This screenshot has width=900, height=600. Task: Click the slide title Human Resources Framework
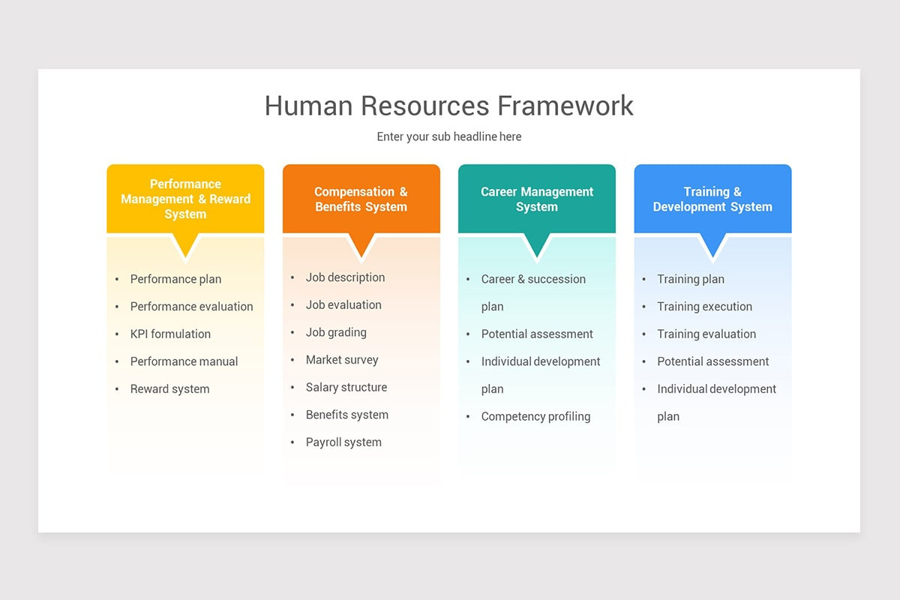point(448,106)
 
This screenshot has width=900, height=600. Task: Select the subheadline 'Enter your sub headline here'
point(448,136)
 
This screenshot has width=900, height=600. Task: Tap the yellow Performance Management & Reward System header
point(185,199)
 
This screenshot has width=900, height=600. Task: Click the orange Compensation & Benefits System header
point(361,199)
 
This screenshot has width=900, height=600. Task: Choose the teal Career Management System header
point(536,199)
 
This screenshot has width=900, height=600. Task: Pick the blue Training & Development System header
point(712,199)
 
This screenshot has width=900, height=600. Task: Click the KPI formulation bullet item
point(170,334)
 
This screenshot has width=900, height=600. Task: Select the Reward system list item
point(169,388)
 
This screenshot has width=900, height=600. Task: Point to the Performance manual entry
point(184,361)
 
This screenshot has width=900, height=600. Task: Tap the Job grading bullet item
point(336,332)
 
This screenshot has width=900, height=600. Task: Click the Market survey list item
point(342,360)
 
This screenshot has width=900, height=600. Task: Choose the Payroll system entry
point(343,442)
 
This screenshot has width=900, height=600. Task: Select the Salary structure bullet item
point(346,387)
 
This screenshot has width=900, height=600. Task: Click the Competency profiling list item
point(535,416)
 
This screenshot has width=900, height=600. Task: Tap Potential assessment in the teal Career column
point(537,334)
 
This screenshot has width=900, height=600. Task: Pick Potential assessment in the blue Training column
point(712,361)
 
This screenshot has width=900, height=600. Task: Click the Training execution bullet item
point(704,306)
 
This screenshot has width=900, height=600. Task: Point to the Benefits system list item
point(346,415)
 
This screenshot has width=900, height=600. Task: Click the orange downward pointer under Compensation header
point(361,244)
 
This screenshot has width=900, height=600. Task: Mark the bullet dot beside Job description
point(292,277)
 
